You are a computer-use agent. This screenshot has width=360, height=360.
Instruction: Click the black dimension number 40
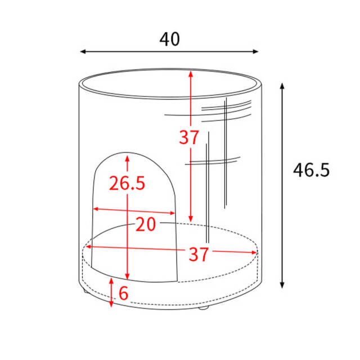[x=169, y=39]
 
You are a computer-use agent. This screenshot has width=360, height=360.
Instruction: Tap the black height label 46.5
[x=311, y=170]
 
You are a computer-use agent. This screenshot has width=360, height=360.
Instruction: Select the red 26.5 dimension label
[x=127, y=183]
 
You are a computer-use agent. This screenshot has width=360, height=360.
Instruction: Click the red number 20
[x=146, y=224]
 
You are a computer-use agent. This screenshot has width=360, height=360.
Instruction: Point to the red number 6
[x=124, y=293]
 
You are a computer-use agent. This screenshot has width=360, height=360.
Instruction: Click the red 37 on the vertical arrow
[x=189, y=137]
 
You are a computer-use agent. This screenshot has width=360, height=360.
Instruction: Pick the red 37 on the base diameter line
[x=199, y=254]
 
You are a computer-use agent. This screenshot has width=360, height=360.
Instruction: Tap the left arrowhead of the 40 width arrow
[x=83, y=52]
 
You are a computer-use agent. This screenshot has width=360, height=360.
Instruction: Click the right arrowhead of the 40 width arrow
[x=256, y=52]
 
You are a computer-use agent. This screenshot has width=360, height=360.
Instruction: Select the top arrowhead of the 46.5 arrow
[x=282, y=86]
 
